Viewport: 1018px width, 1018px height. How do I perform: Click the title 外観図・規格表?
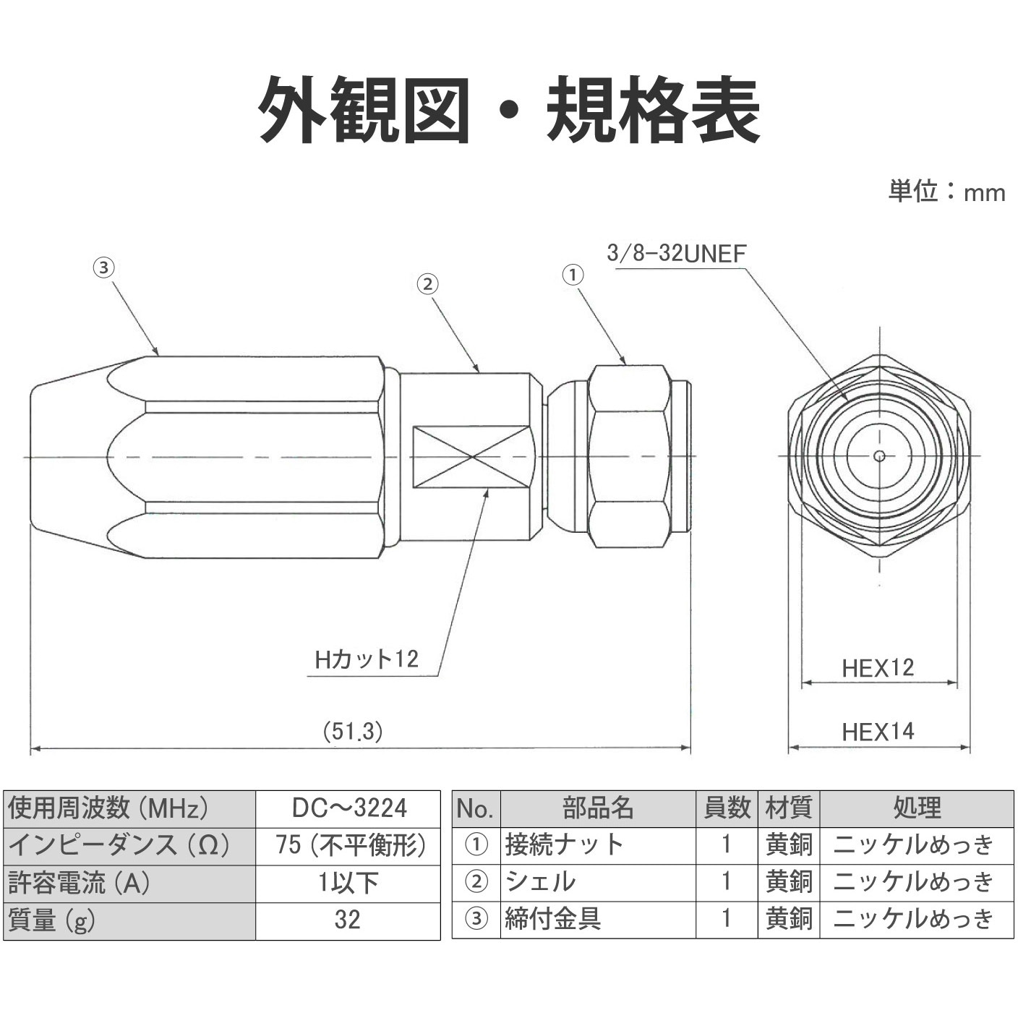point(509,111)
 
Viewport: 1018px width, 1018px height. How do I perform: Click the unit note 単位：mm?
point(946,192)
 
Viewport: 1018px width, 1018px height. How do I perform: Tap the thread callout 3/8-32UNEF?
point(677,253)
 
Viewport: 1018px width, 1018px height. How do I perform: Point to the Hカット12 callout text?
point(367,659)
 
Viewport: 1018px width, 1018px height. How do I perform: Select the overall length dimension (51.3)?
point(353,731)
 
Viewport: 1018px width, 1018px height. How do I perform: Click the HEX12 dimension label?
point(878,667)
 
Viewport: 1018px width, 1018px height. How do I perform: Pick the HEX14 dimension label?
point(878,732)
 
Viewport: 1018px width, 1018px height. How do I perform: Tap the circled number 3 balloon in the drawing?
point(103,268)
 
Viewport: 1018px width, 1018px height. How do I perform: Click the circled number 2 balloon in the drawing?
point(427,284)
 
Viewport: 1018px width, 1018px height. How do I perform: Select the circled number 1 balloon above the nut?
point(573,275)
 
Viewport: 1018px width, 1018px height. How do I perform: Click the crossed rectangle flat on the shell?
point(471,457)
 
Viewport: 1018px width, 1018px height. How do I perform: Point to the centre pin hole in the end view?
point(879,455)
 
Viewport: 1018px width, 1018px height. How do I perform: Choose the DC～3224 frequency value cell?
point(348,808)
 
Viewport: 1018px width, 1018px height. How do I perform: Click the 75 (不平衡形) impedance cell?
point(348,844)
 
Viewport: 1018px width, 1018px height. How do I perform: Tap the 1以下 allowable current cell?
point(348,882)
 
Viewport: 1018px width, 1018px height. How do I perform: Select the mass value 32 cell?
point(348,920)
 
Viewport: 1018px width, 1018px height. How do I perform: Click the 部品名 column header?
point(598,808)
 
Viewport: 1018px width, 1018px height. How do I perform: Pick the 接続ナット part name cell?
point(564,844)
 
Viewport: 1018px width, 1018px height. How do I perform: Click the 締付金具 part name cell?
point(553,919)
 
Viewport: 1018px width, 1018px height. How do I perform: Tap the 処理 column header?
point(916,808)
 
